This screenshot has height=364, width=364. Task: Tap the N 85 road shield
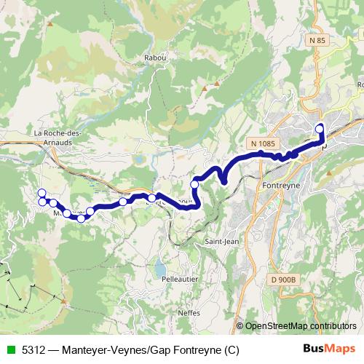tap(317, 41)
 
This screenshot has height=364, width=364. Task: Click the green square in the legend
tap(9, 348)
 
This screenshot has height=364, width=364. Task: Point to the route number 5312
tap(31, 348)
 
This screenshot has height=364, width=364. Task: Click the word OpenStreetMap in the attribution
tap(277, 325)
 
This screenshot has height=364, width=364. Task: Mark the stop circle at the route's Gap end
tap(319, 130)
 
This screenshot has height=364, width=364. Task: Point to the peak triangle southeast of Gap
tap(329, 173)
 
